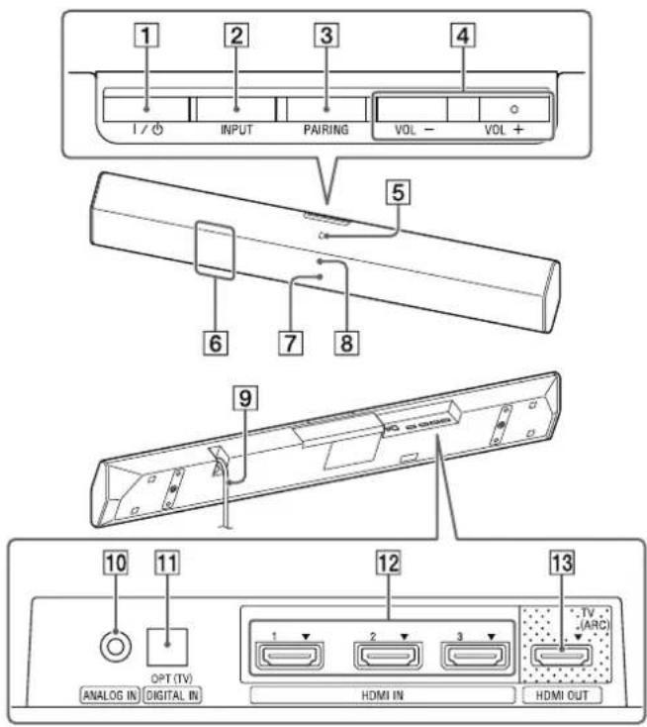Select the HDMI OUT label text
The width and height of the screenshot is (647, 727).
(560, 696)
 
